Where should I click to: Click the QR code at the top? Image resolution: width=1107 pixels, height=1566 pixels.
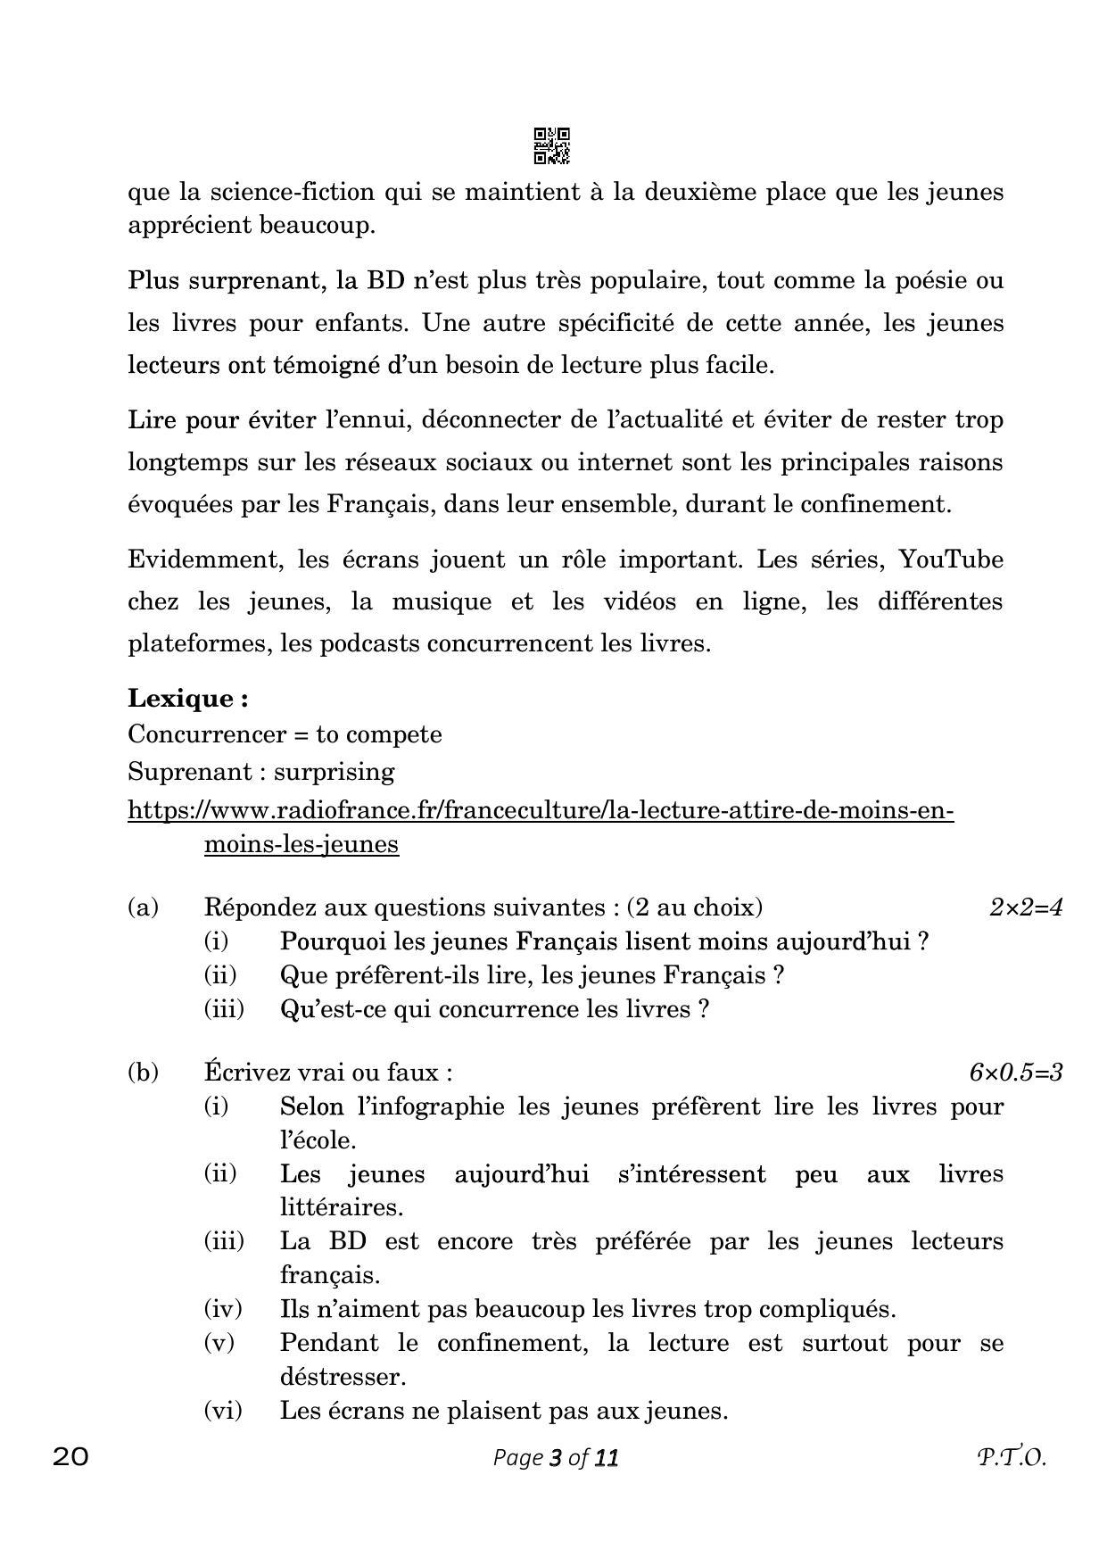[x=551, y=145]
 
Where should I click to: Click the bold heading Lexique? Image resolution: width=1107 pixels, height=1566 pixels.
[x=187, y=698]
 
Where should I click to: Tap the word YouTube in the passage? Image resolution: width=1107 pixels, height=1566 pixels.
[x=950, y=559]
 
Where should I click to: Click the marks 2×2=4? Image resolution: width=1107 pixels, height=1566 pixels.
[x=1025, y=907]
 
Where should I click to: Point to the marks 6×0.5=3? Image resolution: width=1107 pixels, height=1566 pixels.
[x=1015, y=1072]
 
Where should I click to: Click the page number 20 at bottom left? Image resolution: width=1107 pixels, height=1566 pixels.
[x=70, y=1457]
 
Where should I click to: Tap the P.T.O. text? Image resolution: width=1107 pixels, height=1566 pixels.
[x=1010, y=1457]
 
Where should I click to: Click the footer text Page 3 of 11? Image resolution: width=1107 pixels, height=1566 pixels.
[x=555, y=1457]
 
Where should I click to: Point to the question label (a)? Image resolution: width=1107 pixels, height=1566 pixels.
[x=143, y=907]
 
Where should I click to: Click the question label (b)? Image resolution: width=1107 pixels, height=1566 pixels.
[x=143, y=1072]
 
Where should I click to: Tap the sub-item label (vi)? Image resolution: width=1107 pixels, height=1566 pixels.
[x=223, y=1410]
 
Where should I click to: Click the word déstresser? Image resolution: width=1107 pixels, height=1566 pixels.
[x=343, y=1377]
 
